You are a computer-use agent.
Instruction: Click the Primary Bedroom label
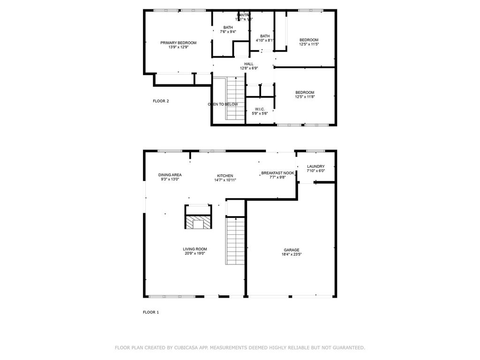point(178,43)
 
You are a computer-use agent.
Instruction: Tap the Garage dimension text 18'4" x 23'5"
point(291,255)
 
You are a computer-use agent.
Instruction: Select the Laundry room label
point(315,166)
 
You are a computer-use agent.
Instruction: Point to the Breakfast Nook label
point(277,173)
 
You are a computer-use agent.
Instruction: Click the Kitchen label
point(225,176)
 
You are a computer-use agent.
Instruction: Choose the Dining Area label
point(170,175)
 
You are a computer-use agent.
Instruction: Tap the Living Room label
point(195,249)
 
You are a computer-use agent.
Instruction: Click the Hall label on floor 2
point(248,64)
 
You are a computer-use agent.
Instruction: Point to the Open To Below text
point(223,104)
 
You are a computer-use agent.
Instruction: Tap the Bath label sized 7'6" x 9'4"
point(228,28)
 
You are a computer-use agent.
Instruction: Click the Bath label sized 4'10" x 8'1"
point(265,36)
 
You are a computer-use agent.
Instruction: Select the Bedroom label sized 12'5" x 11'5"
point(309,40)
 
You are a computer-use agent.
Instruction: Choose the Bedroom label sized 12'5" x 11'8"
point(305,92)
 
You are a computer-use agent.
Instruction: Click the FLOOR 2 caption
point(161,101)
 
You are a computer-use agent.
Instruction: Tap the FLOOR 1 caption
point(151,312)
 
